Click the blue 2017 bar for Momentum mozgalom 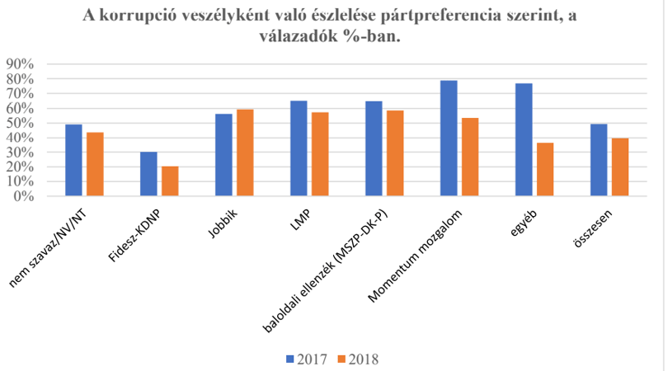pos(449,138)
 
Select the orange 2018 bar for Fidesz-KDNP pos(170,181)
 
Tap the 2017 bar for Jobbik pos(223,155)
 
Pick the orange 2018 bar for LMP pos(320,154)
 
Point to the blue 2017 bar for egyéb pos(524,139)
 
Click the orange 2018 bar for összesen pos(620,167)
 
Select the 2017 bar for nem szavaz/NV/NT pos(73,160)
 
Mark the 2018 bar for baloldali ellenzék pos(395,153)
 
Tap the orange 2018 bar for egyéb pos(545,170)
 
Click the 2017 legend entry pos(306,359)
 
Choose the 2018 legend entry pos(358,359)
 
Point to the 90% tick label pos(20,63)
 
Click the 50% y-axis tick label pos(20,123)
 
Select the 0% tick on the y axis pos(23,196)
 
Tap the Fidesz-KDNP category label pos(134,236)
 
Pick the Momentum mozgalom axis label pos(415,256)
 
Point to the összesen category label pos(593,228)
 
